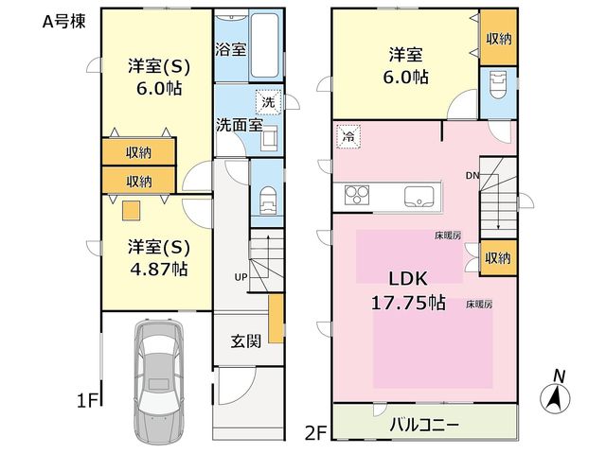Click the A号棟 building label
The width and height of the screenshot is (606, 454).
63,21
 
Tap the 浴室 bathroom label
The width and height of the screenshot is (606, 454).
230,49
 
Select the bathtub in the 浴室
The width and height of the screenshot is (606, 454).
264,46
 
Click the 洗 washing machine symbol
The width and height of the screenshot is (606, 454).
268,102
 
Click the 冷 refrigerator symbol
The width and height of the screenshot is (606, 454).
348,136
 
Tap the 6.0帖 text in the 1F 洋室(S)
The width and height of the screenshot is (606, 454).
159,89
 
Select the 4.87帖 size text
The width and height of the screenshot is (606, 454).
159,269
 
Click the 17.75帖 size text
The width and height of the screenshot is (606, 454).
408,303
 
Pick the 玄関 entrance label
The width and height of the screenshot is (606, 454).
246,340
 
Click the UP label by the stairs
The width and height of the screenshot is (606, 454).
241,277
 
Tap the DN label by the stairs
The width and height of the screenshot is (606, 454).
472,176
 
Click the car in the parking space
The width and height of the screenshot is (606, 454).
158,381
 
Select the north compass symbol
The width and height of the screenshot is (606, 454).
555,393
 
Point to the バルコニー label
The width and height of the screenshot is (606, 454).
424,425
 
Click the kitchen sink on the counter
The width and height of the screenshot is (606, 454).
419,196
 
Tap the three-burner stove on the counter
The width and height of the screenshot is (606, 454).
357,194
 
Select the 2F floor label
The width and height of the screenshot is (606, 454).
316,432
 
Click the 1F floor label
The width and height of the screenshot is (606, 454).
88,401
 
